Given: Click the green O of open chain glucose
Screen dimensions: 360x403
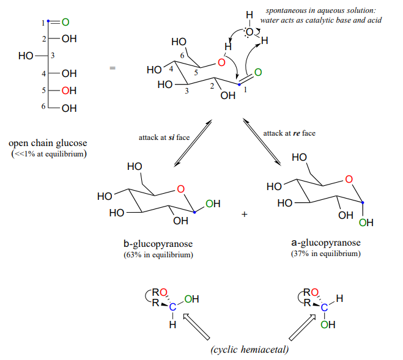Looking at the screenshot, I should point(65,23).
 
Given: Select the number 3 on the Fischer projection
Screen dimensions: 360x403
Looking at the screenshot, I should point(53,56).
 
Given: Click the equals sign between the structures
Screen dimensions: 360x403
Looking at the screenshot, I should point(112,68).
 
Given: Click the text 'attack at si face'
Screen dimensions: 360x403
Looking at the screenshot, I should point(164,137).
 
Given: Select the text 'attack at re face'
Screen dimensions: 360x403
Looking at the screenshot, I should point(290,133).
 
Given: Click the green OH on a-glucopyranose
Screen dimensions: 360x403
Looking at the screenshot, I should point(366,222).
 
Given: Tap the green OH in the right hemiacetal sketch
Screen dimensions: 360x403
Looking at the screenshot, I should point(328,325).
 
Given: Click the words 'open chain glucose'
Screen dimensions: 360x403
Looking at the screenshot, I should point(48,144).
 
